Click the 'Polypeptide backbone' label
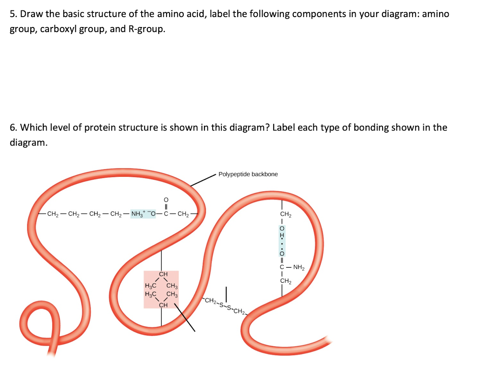pos(248,174)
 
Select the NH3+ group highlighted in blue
pos(138,215)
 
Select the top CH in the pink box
pos(163,274)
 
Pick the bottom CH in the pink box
pos(163,305)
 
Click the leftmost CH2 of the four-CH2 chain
pos(53,215)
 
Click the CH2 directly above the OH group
pos(286,215)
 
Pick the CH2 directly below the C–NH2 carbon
pos(286,281)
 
